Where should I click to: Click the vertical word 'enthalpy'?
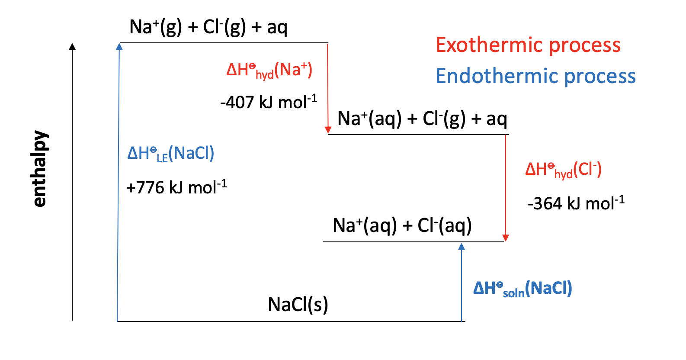click(40, 169)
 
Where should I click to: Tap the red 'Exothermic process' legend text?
click(528, 45)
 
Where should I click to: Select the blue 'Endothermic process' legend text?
click(535, 76)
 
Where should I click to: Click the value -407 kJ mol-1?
click(268, 103)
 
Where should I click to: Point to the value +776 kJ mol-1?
click(176, 188)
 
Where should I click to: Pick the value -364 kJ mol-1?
click(576, 203)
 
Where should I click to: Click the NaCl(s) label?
click(298, 305)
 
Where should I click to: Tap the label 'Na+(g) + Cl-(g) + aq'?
click(208, 27)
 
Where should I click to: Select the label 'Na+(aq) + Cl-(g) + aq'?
click(422, 119)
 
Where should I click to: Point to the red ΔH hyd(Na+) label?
click(269, 71)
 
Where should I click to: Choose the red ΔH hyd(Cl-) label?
click(563, 170)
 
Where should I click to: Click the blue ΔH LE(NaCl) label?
click(170, 154)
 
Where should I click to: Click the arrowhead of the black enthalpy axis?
click(73, 46)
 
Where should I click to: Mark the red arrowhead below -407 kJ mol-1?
click(328, 130)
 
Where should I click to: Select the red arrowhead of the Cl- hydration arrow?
click(506, 238)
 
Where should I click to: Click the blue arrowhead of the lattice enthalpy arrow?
click(119, 46)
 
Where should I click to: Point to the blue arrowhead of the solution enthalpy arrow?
click(462, 246)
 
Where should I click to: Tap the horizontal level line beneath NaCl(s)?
click(290, 321)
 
